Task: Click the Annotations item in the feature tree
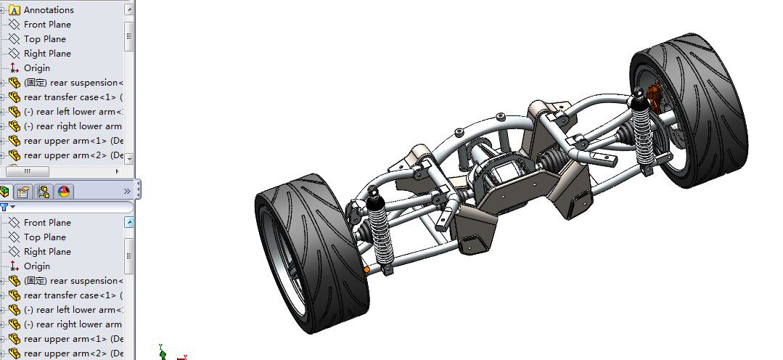(48, 10)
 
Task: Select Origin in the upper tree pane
(36, 68)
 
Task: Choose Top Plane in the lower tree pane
(44, 237)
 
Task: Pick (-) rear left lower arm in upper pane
(73, 112)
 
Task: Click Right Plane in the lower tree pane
(47, 252)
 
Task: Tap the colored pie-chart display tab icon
(64, 192)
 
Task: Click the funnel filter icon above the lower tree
(4, 208)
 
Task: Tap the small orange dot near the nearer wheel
(366, 270)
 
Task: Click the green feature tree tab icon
(6, 192)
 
